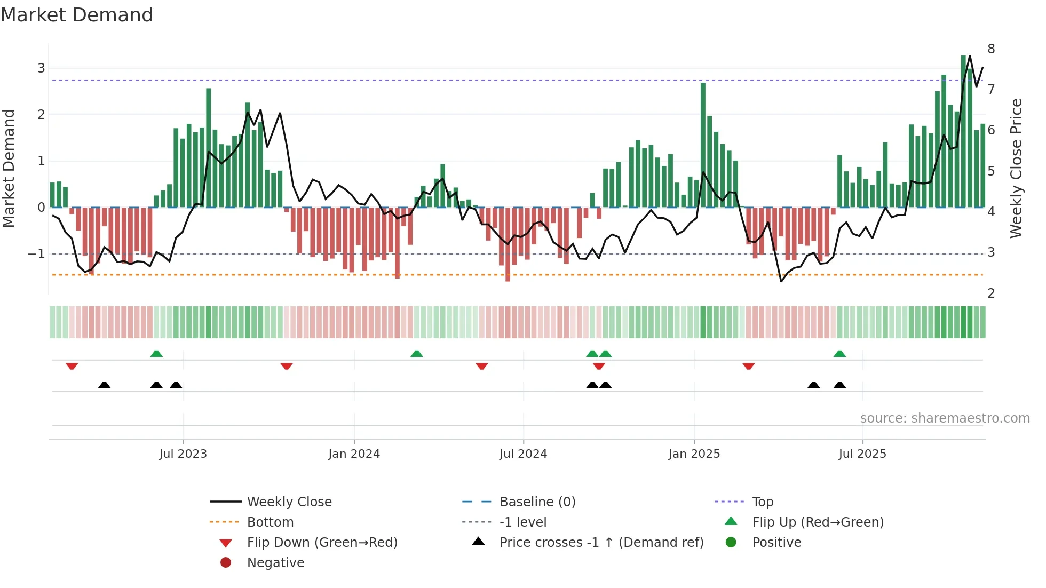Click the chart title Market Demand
77,15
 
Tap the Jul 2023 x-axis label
183,454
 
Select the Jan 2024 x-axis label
354,454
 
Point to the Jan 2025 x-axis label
694,454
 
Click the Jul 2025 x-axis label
862,454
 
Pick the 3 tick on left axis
41,68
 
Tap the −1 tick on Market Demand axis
36,254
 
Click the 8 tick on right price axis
991,49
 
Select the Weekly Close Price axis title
1016,168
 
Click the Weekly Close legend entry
289,502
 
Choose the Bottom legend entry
270,522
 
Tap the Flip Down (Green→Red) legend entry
322,543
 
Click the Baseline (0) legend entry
537,502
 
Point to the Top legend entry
762,502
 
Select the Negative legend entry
275,563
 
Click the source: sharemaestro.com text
945,418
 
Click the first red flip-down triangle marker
72,366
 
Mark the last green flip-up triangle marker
839,354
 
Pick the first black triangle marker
105,385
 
